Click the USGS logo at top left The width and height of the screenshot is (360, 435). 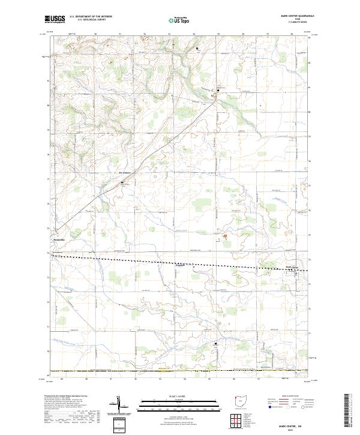click(x=56, y=20)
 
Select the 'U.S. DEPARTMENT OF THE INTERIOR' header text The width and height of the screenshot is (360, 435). click(x=91, y=17)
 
